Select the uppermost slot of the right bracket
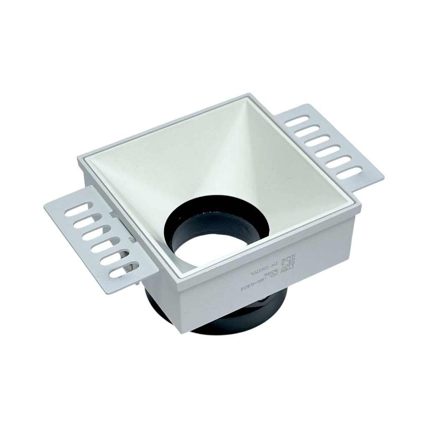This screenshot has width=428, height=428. tap(297, 122)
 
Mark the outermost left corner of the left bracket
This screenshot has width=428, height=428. tap(44, 206)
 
